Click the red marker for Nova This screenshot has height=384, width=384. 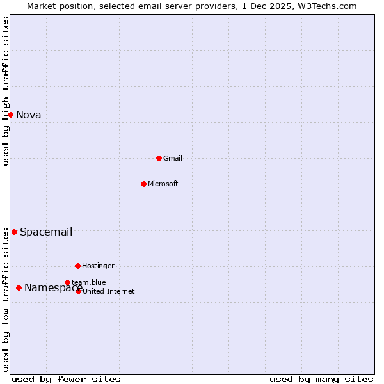click(x=10, y=115)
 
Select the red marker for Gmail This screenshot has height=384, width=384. click(x=159, y=158)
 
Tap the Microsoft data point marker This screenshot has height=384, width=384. click(x=143, y=184)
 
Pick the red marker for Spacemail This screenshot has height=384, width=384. click(x=14, y=232)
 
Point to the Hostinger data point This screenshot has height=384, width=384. click(x=77, y=266)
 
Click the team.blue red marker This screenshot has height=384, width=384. click(x=67, y=282)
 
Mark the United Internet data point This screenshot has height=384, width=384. click(x=78, y=291)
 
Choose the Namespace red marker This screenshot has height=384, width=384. click(x=19, y=287)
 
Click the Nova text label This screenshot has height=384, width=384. click(x=29, y=115)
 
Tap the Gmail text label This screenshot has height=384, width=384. click(x=173, y=158)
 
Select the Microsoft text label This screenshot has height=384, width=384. click(x=163, y=184)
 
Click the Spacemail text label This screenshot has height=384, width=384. click(x=46, y=232)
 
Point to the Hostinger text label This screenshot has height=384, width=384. click(x=98, y=266)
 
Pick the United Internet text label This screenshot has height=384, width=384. click(x=109, y=291)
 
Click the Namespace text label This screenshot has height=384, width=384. click(x=53, y=287)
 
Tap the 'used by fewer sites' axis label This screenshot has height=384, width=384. click(x=66, y=379)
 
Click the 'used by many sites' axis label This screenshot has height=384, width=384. click(x=321, y=379)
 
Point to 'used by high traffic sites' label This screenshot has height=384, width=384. click(x=6, y=91)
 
